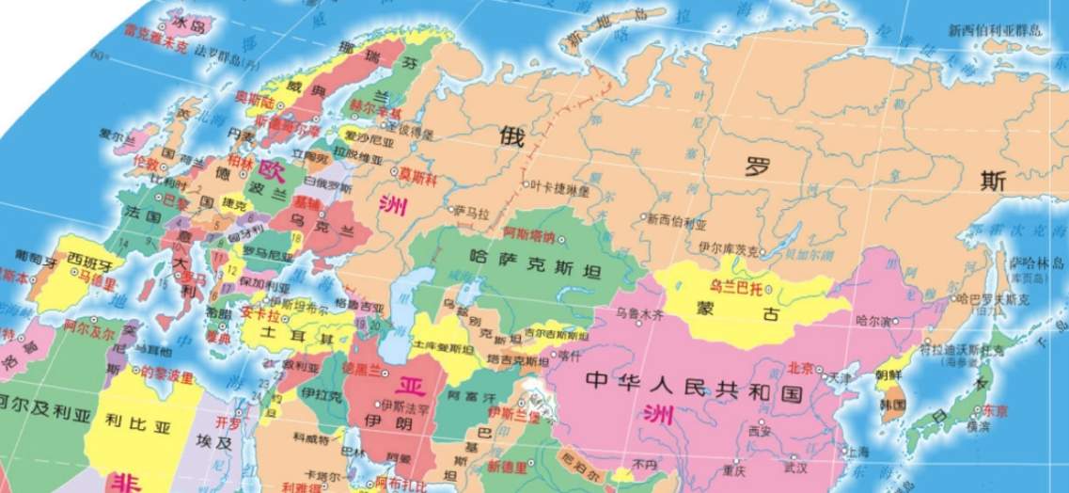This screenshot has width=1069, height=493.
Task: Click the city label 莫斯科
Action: [418, 174]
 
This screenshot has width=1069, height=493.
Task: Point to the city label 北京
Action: [800, 367]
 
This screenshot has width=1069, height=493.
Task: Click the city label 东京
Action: [994, 410]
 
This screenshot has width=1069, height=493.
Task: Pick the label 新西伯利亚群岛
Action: [996, 30]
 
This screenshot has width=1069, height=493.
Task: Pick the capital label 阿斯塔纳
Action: [530, 233]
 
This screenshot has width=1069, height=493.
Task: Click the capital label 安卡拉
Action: [259, 312]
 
